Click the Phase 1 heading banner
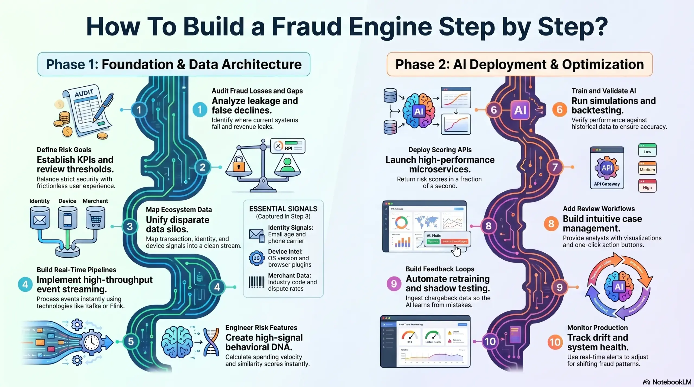click(174, 64)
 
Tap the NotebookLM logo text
click(671, 382)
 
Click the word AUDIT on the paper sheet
click(84, 93)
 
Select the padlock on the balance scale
click(239, 164)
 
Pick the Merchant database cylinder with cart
click(95, 218)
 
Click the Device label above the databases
click(67, 201)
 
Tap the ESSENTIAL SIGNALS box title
click(283, 209)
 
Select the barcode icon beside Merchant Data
click(256, 282)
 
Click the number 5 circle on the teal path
click(131, 342)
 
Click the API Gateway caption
click(607, 184)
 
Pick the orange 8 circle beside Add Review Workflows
click(551, 224)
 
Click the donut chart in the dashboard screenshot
click(401, 223)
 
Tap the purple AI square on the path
click(520, 110)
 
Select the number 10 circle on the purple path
click(490, 342)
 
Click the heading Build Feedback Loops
click(440, 269)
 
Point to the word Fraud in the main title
click(307, 27)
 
